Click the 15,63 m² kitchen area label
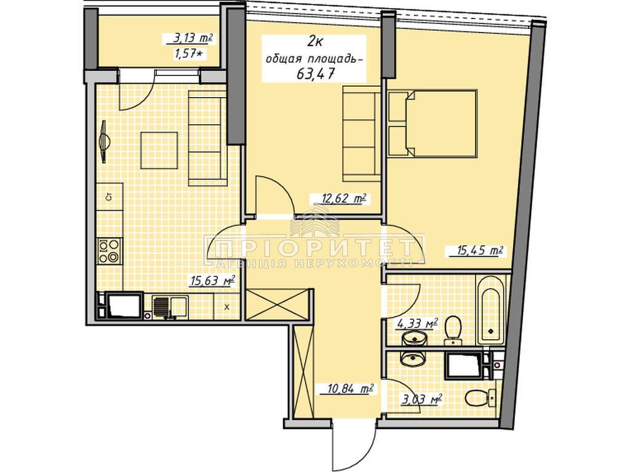coord(212,280)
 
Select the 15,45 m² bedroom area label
coord(480,251)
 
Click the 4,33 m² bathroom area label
coord(417,324)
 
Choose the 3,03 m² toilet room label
coord(421,399)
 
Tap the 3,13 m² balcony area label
coord(189,39)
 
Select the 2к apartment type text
coord(316,41)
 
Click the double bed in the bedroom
coord(433,123)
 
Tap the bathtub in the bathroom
coord(490,310)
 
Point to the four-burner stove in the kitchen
coord(110,251)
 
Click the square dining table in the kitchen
coord(159,150)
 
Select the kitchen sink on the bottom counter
coord(170,307)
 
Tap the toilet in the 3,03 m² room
coord(480,398)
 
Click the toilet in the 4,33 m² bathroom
coord(453,330)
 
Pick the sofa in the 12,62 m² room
coord(362,133)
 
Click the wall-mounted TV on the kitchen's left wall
coord(104,142)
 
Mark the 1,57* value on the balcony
coord(187,53)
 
